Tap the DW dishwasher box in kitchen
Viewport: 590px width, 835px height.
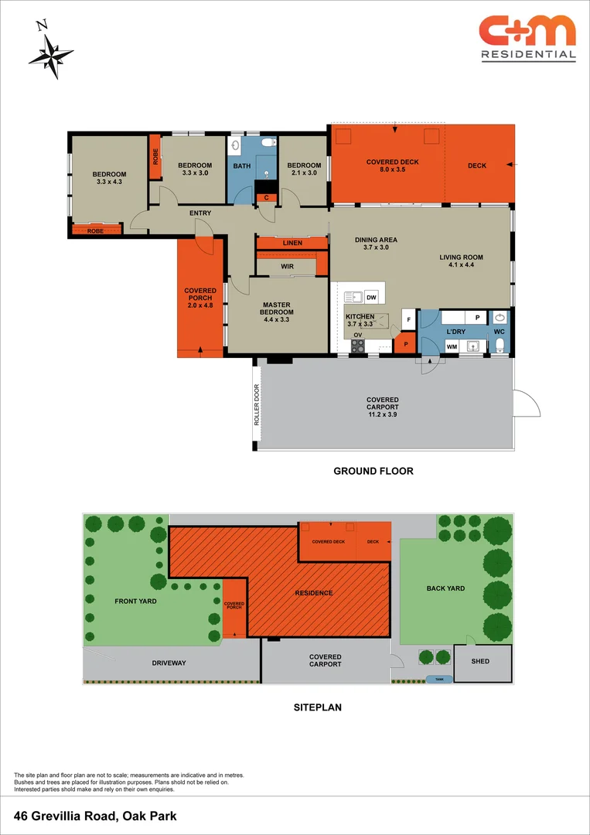pyautogui.click(x=371, y=298)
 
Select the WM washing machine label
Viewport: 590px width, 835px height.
pyautogui.click(x=452, y=346)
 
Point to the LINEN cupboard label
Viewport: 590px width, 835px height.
pyautogui.click(x=292, y=243)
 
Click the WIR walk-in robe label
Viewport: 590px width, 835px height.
pyautogui.click(x=287, y=266)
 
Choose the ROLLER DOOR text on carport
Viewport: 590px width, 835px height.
pyautogui.click(x=257, y=405)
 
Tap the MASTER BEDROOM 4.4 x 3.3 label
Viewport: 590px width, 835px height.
pyautogui.click(x=276, y=312)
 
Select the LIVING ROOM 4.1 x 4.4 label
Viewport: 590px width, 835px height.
pyautogui.click(x=461, y=261)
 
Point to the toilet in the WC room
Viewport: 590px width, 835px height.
pyautogui.click(x=500, y=344)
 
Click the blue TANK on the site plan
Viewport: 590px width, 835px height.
pyautogui.click(x=438, y=680)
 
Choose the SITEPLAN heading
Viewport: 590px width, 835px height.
pyautogui.click(x=317, y=707)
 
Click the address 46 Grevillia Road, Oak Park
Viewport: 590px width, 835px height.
pyautogui.click(x=96, y=816)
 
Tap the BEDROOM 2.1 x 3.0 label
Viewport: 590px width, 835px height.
pyautogui.click(x=304, y=169)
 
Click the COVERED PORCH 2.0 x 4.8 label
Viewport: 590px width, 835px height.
pyautogui.click(x=200, y=298)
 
